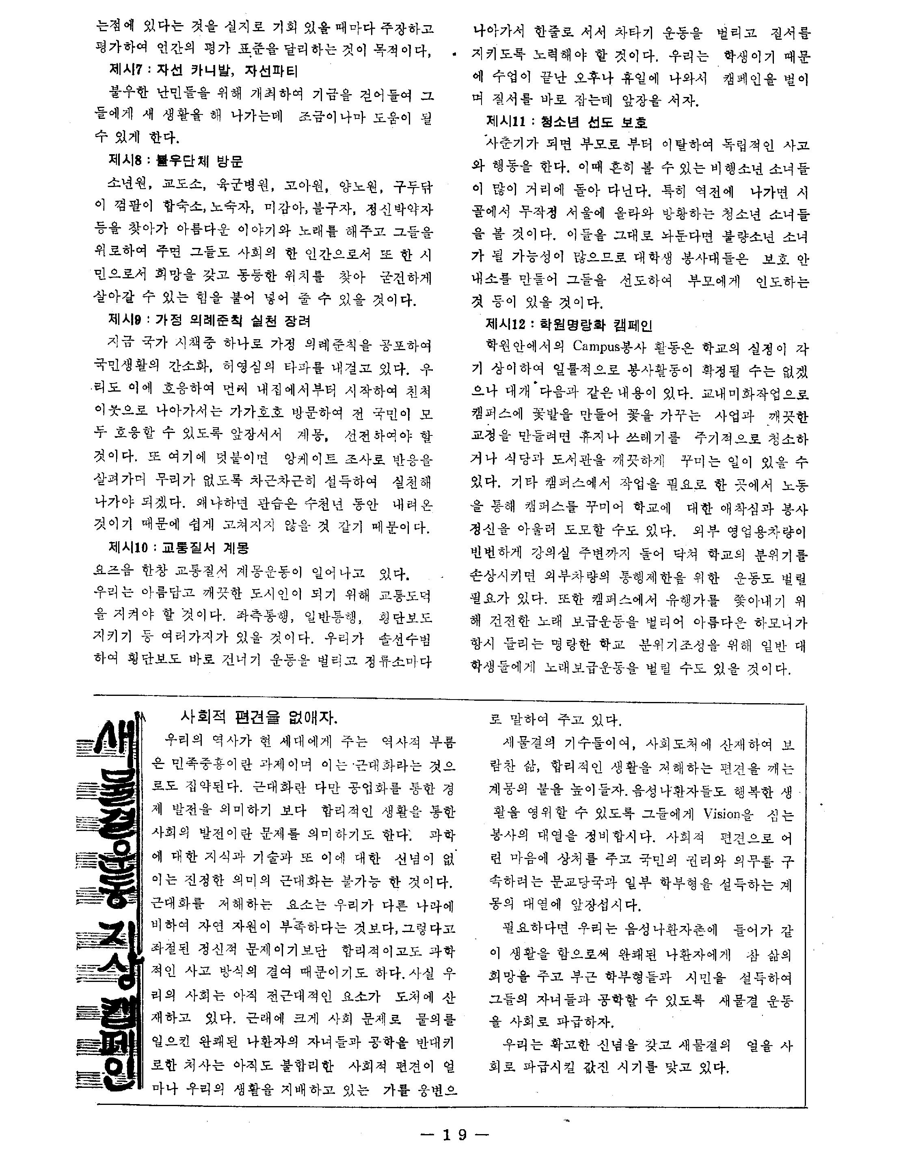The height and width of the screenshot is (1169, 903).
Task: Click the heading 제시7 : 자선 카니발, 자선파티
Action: [203, 71]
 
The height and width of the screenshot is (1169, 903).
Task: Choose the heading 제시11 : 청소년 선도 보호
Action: [566, 122]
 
